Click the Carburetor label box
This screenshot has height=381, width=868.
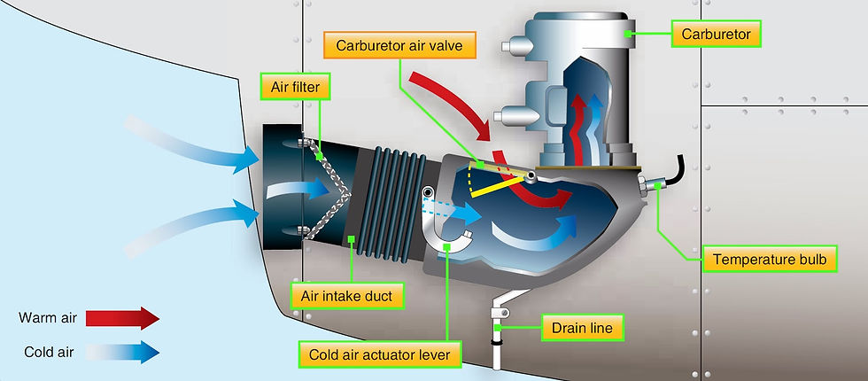click(x=716, y=35)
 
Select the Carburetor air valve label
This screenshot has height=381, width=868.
click(x=399, y=44)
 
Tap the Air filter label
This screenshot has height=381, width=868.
click(x=295, y=87)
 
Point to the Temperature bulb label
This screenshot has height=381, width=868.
click(x=770, y=259)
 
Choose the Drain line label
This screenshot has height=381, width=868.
click(x=583, y=328)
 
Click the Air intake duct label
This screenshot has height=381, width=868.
click(x=346, y=296)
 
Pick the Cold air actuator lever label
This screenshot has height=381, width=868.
click(x=380, y=354)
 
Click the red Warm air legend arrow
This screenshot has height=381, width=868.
click(x=122, y=318)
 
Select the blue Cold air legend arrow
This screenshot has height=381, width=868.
click(x=122, y=353)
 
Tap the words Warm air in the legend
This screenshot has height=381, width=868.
click(x=48, y=318)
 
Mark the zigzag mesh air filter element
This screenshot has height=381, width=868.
click(x=327, y=189)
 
